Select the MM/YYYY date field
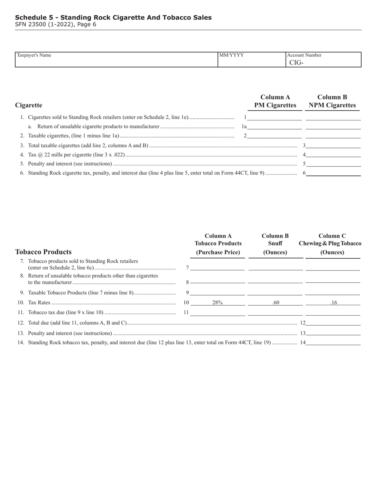pyautogui.click(x=251, y=61)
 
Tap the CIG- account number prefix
pyautogui.click(x=296, y=62)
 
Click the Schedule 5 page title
pyautogui.click(x=113, y=18)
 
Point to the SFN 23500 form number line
pyautogui.click(x=56, y=24)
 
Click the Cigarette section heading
pyautogui.click(x=28, y=105)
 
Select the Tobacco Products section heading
pyautogui.click(x=43, y=252)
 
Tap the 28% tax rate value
pyautogui.click(x=217, y=303)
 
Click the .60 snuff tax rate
pyautogui.click(x=276, y=303)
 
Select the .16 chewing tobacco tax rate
pyautogui.click(x=333, y=303)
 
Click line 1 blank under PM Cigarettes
pyautogui.click(x=274, y=118)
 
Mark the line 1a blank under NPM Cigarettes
pyautogui.click(x=333, y=127)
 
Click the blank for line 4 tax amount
pyautogui.click(x=333, y=154)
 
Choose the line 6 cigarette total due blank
pyautogui.click(x=333, y=173)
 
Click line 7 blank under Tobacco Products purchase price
pyautogui.click(x=217, y=268)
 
